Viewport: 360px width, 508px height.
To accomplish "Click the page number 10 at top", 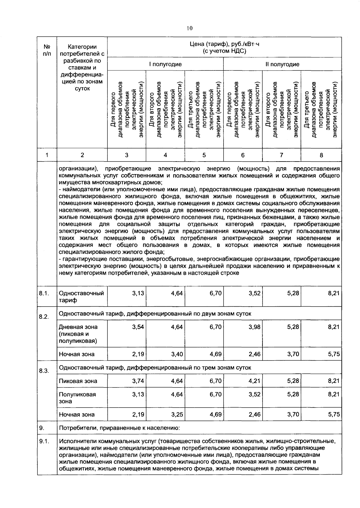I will point(189,28).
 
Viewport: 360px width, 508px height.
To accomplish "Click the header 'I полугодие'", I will point(165,64).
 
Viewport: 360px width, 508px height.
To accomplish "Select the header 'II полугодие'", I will point(282,64).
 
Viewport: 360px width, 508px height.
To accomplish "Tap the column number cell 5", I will point(204,155).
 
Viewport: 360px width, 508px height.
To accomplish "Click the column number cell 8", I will point(321,155).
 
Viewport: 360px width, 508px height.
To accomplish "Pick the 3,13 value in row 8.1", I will point(138,293).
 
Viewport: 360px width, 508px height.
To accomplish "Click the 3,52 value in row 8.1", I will point(254,293).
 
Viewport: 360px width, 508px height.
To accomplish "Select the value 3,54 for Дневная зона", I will point(138,327).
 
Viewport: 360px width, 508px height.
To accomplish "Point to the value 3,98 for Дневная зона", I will point(254,327).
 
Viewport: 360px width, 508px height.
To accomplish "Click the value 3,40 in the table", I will point(177,354).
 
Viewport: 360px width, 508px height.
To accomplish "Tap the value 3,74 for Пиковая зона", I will point(138,381).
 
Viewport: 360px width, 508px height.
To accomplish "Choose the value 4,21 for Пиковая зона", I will point(254,381).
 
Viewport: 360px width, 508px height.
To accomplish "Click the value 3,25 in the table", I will point(177,414).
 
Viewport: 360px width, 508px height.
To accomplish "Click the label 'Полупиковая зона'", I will point(77,398).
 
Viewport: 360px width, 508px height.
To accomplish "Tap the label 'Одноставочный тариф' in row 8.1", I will point(81,296).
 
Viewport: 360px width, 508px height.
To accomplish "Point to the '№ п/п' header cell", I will point(47,50).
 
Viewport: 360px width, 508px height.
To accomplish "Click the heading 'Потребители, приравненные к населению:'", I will point(119,428).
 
